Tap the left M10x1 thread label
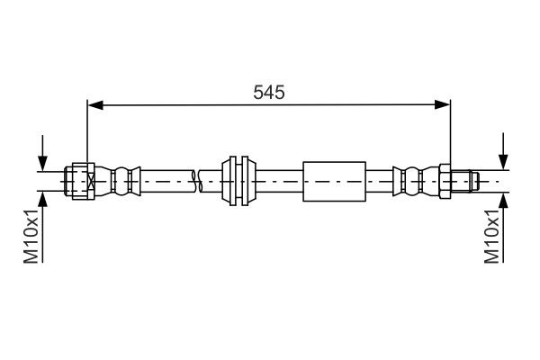pyautogui.click(x=29, y=237)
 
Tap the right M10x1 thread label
pyautogui.click(x=492, y=237)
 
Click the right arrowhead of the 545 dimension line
pyautogui.click(x=443, y=106)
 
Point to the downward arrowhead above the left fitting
pyautogui.click(x=41, y=163)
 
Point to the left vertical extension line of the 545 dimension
pyautogui.click(x=87, y=135)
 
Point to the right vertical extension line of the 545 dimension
pyautogui.click(x=449, y=135)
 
